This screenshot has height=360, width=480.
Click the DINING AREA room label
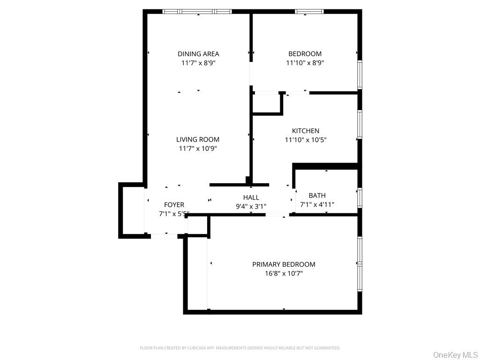(x=198, y=54)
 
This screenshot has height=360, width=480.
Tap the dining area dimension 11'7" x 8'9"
(x=198, y=63)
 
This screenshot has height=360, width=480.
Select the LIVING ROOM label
(x=197, y=139)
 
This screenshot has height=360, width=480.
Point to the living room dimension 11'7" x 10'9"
(x=197, y=149)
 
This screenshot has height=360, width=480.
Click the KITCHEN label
(x=305, y=131)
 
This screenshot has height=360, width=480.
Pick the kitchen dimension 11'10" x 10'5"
(x=305, y=140)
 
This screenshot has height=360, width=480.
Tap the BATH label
(x=317, y=195)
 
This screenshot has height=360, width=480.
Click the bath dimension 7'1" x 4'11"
(x=317, y=204)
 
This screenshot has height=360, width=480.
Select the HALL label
(x=251, y=197)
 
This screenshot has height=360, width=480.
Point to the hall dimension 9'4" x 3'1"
(x=251, y=206)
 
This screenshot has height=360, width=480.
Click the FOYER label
(x=174, y=205)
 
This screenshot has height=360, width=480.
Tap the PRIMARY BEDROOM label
(x=284, y=264)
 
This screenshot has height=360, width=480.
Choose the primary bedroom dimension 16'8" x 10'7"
(x=284, y=273)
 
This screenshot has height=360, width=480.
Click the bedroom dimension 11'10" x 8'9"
(x=305, y=63)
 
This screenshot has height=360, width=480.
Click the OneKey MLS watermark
(x=455, y=354)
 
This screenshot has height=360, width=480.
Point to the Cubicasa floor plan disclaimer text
(x=240, y=348)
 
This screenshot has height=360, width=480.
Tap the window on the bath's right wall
(x=360, y=197)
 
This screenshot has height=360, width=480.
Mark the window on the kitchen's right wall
(x=360, y=124)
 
